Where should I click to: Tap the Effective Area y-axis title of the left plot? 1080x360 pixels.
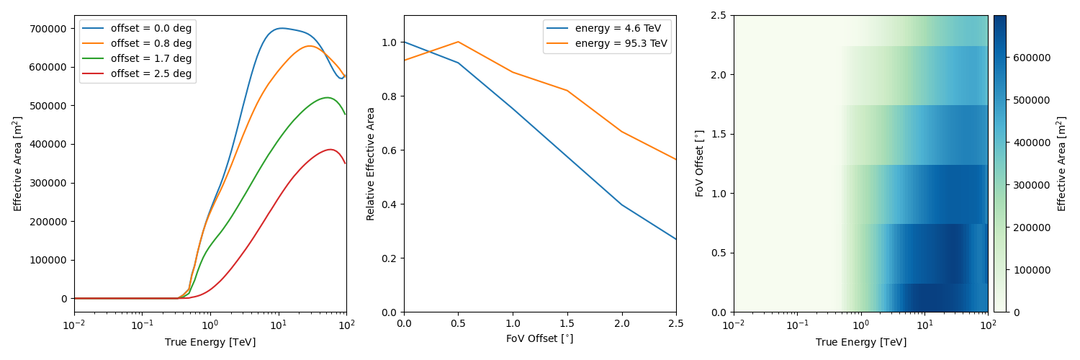coord(18,163)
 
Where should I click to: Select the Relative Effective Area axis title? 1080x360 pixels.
coord(371,163)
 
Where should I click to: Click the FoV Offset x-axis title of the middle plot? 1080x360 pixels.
coord(540,338)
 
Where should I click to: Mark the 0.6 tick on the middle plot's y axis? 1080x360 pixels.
coord(388,150)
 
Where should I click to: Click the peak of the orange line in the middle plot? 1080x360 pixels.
coord(459,42)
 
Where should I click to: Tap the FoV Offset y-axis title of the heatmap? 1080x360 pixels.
coord(699,163)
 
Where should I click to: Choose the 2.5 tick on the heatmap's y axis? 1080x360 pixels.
coord(718,16)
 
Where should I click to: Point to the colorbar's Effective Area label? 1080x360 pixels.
coord(1062,163)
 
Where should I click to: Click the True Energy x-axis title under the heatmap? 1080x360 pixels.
coord(861,342)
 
